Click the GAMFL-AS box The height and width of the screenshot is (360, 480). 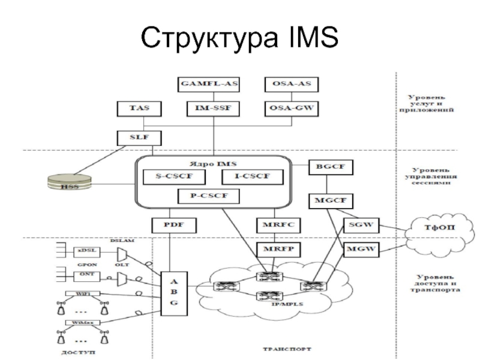(209, 84)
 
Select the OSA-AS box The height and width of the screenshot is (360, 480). (292, 84)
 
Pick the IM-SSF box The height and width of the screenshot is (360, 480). (209, 109)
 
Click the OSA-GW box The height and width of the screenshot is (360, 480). (292, 109)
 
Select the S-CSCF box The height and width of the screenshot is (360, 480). (175, 176)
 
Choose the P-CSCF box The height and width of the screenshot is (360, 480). (209, 196)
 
